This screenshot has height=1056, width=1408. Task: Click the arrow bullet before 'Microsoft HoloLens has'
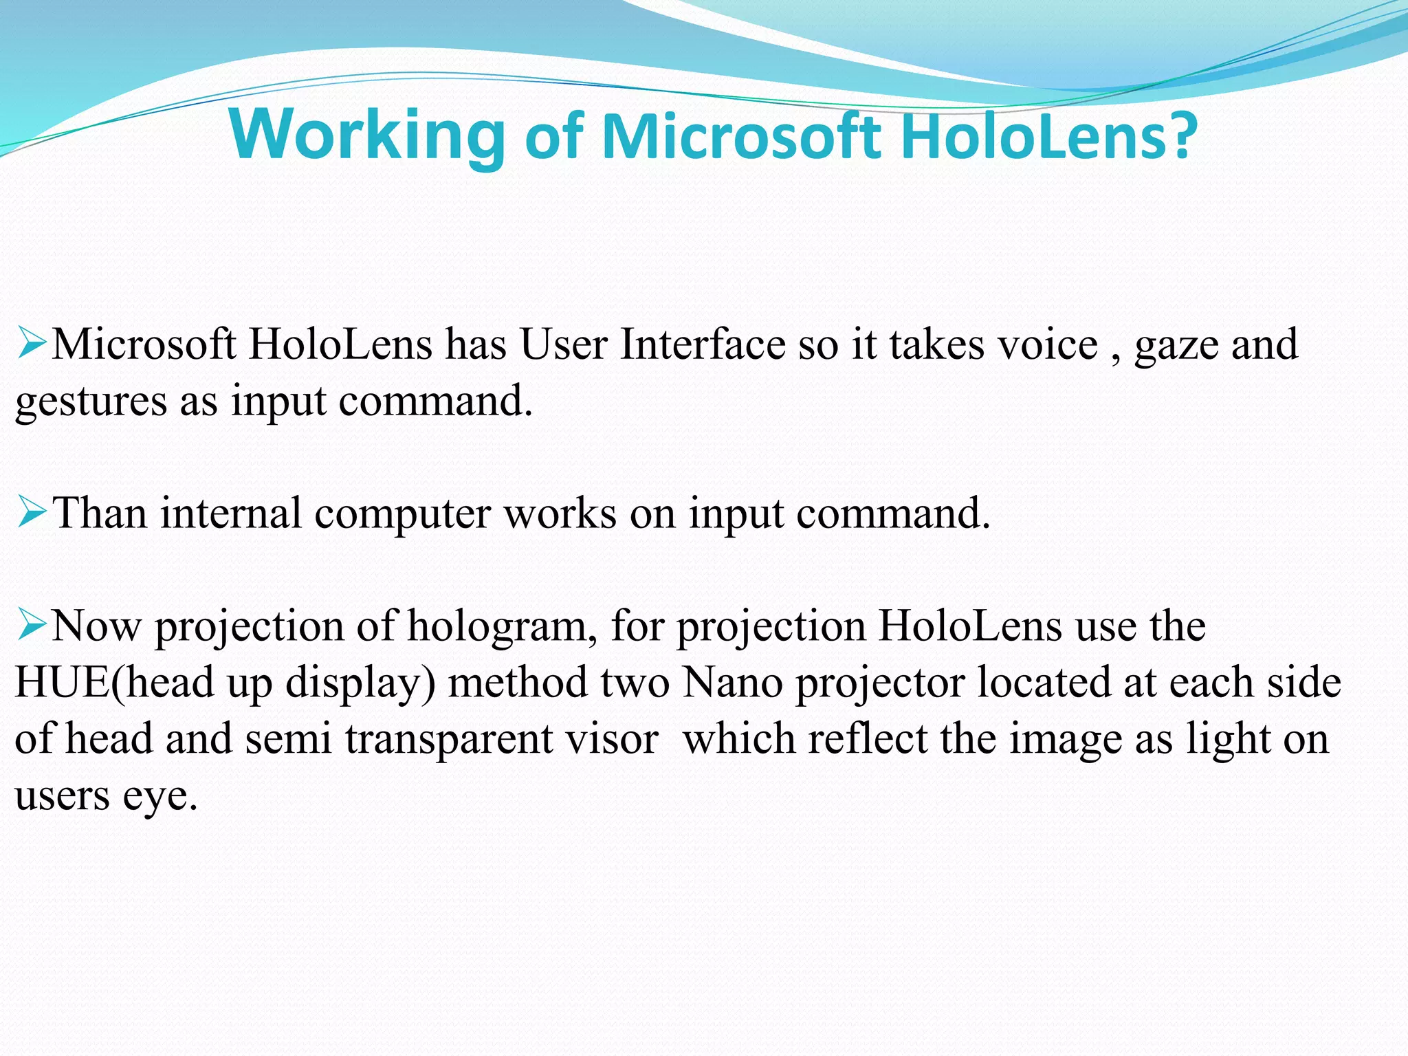tap(32, 343)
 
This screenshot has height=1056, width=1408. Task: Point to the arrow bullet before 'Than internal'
tap(32, 512)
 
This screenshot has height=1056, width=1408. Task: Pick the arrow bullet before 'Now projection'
tap(32, 625)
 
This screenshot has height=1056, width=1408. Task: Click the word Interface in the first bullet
tap(703, 344)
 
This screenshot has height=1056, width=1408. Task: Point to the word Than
tap(100, 513)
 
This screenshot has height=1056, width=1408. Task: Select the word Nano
tap(733, 683)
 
